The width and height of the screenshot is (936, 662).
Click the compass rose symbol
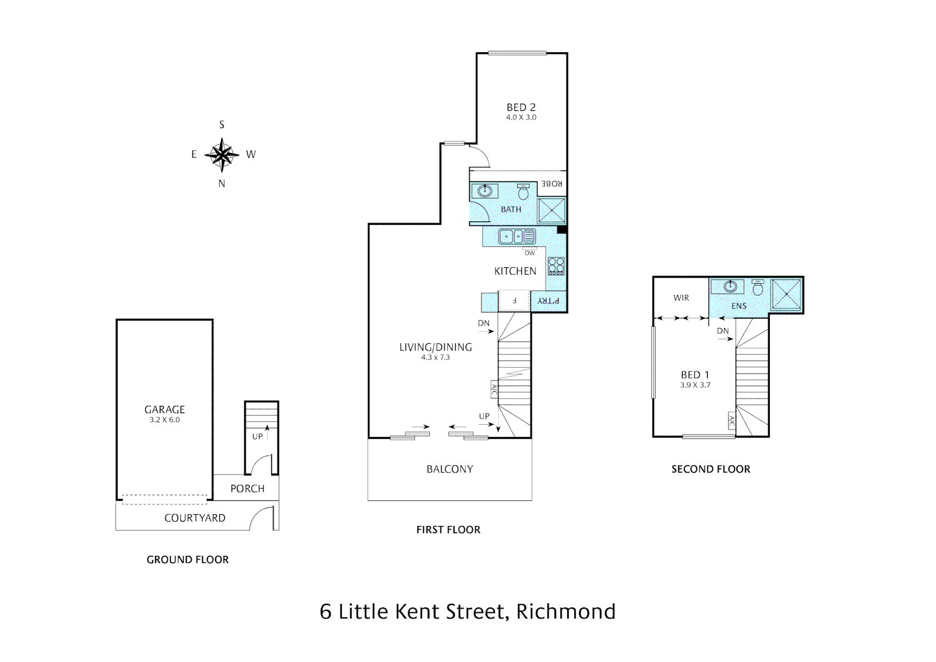coord(222,154)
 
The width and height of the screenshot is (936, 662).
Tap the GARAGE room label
coord(164,409)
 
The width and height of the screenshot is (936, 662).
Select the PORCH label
coord(247,489)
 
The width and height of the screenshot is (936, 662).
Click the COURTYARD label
coord(195,518)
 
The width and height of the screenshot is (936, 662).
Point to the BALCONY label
coord(450,469)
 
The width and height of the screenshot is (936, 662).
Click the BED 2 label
coord(521,107)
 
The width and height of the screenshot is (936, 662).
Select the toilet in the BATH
coord(524,193)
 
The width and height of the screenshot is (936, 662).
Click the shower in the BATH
coord(551,211)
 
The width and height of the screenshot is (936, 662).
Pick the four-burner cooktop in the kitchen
coord(556,266)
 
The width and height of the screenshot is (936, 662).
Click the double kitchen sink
coord(516,237)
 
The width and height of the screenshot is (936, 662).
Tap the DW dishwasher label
coord(530,253)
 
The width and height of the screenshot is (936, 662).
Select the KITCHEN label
coord(515,271)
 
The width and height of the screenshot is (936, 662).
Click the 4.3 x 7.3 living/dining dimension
coord(436,357)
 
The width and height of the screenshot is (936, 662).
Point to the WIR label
coord(681,298)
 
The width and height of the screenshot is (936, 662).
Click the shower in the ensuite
coord(786,295)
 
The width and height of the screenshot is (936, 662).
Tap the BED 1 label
coord(695,375)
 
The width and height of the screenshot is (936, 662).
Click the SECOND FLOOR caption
coord(711,469)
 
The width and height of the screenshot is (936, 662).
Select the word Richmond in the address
coord(566,612)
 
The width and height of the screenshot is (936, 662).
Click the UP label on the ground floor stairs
coord(257,436)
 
